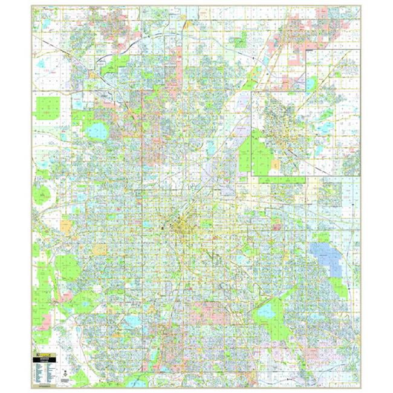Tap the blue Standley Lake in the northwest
coord(97,130)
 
